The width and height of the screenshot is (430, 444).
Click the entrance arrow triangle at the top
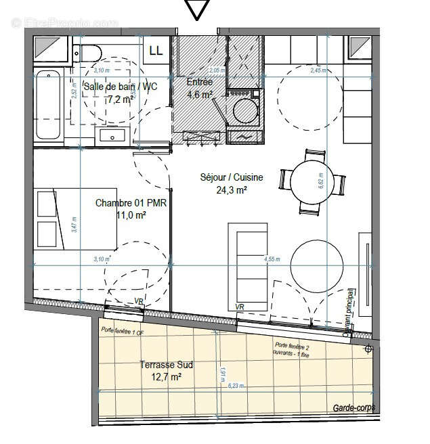pyautogui.click(x=197, y=9)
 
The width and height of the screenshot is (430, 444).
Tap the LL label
pyautogui.click(x=156, y=49)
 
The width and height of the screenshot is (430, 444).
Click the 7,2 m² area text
pyautogui.click(x=121, y=98)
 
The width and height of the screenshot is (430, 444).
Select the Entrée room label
pyautogui.click(x=199, y=82)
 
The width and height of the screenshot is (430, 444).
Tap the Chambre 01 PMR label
pyautogui.click(x=122, y=202)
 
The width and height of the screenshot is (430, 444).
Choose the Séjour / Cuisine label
pyautogui.click(x=231, y=177)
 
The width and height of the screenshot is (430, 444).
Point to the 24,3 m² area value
pyautogui.click(x=232, y=190)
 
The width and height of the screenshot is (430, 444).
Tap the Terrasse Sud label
pyautogui.click(x=166, y=365)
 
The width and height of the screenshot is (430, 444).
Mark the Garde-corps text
pyautogui.click(x=353, y=408)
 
